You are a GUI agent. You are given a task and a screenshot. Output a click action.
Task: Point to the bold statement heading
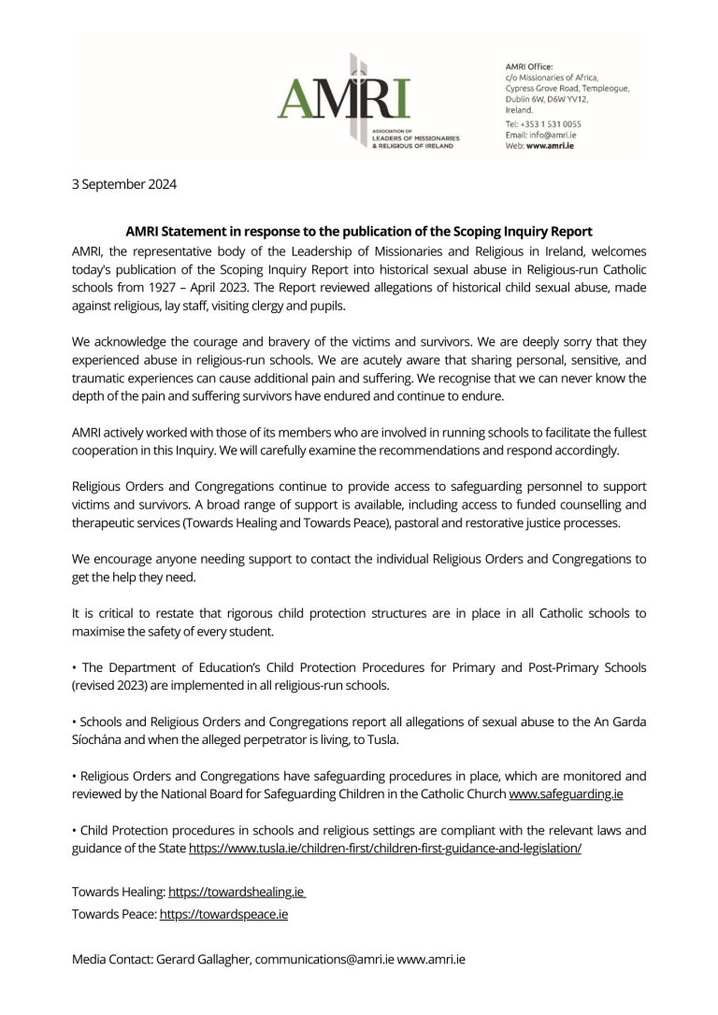[359, 231]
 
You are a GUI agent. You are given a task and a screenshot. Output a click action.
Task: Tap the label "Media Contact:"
[112, 960]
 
